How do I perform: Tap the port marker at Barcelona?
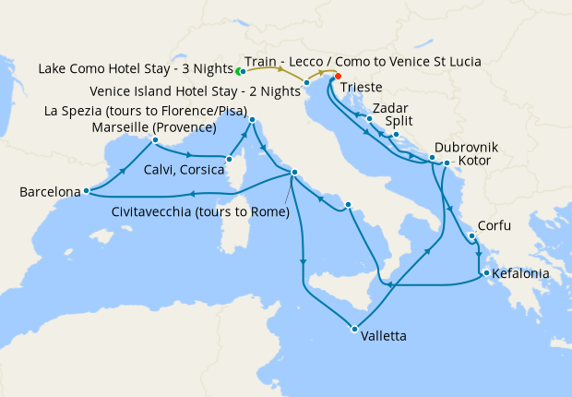pos(85,191)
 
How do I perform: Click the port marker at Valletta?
pos(353,328)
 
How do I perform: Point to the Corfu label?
pos(495,224)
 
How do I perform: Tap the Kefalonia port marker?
pos(485,273)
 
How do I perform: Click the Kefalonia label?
pos(521,274)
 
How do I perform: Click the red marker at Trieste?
pos(338,77)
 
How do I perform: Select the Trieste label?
pos(360,89)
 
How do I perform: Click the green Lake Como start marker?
pos(238,70)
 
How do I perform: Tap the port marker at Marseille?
pos(155,140)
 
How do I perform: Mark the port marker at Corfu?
pos(471,235)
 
